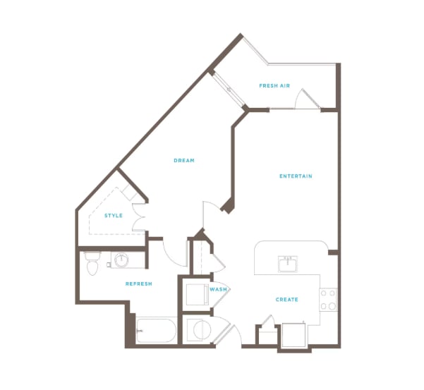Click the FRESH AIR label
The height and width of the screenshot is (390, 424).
pyautogui.click(x=274, y=85)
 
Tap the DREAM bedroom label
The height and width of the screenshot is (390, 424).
pyautogui.click(x=184, y=160)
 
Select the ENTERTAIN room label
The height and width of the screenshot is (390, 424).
pyautogui.click(x=296, y=176)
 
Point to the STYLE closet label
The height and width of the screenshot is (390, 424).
pyautogui.click(x=114, y=215)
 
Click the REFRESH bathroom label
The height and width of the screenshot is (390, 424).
pyautogui.click(x=139, y=284)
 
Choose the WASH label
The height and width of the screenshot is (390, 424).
pyautogui.click(x=218, y=289)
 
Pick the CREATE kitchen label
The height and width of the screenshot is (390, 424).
pyautogui.click(x=286, y=299)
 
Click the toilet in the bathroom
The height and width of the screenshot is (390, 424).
pyautogui.click(x=92, y=263)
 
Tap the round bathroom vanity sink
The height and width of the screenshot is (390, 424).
pyautogui.click(x=121, y=260)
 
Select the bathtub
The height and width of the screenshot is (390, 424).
pyautogui.click(x=156, y=331)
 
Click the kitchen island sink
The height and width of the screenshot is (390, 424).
pyautogui.click(x=288, y=264)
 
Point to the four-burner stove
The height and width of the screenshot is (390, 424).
pyautogui.click(x=328, y=300)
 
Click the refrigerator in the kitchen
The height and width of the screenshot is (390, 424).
pyautogui.click(x=293, y=334)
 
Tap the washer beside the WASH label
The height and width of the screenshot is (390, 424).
pyautogui.click(x=197, y=294)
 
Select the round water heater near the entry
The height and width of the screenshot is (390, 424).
pyautogui.click(x=202, y=330)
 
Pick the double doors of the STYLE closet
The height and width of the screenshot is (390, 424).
pyautogui.click(x=139, y=217)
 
